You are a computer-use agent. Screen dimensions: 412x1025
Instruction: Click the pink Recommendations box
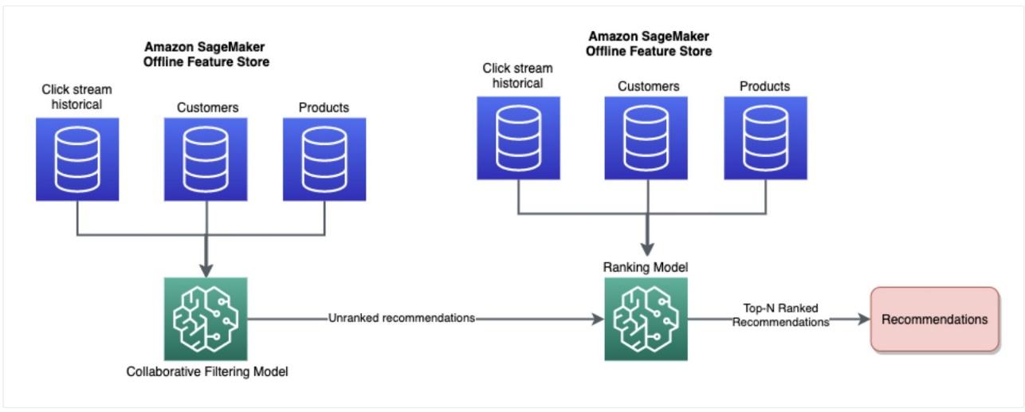934,320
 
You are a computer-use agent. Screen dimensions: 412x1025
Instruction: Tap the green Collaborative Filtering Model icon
205,319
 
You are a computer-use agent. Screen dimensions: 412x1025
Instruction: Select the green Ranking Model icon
646,319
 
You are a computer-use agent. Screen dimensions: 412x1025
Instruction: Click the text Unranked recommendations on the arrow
402,318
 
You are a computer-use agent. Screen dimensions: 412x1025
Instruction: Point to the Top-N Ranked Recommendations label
781,316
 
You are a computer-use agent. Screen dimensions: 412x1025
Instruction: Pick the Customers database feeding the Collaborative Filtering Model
206,159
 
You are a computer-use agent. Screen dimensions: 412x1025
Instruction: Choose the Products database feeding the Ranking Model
765,138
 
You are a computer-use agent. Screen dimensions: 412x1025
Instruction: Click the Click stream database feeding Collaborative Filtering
77,159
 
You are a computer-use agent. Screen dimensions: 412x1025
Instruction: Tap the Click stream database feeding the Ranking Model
518,138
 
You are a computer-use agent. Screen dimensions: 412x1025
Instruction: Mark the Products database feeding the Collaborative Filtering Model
324,159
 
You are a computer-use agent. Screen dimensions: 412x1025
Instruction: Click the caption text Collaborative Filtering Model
206,371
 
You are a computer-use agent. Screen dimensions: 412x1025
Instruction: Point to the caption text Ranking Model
646,267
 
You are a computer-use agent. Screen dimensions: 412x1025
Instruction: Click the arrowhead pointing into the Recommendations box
862,320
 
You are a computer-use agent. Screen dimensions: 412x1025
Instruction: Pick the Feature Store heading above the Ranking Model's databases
649,44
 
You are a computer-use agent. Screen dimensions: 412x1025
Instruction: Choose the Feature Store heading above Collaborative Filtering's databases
207,55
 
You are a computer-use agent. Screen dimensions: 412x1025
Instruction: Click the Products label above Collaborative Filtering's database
324,107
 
